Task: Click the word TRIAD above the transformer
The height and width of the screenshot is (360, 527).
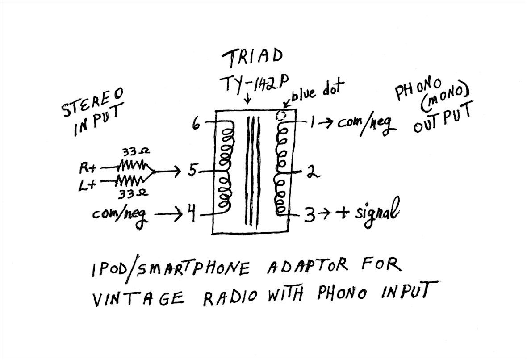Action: pos(252,57)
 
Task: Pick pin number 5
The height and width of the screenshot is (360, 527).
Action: pos(192,170)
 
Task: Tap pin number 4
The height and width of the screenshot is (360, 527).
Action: pos(191,215)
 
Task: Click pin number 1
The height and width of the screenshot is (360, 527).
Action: pos(314,122)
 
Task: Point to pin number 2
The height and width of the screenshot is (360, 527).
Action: pos(312,172)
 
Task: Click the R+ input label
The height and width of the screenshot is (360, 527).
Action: pos(88,168)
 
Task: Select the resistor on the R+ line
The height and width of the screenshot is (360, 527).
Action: pos(130,167)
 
